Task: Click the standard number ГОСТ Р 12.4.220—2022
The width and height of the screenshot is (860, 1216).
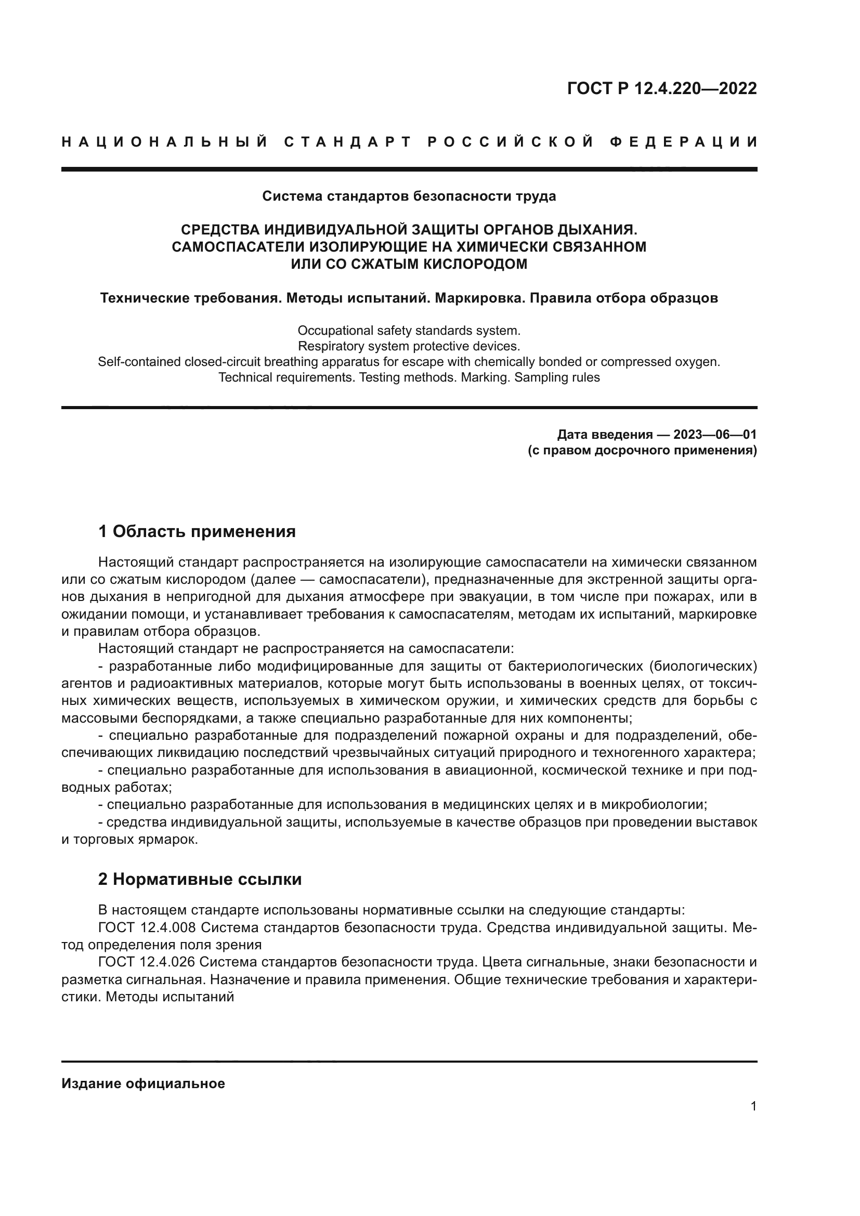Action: tap(661, 88)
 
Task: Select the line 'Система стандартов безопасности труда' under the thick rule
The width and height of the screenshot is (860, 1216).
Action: tap(409, 197)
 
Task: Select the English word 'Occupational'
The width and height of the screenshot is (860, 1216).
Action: tap(335, 331)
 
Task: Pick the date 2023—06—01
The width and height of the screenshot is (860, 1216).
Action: tap(715, 435)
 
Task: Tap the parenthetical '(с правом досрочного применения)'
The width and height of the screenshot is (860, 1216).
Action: tap(642, 451)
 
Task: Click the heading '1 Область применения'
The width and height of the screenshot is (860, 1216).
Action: tap(197, 531)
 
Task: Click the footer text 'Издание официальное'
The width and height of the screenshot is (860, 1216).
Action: tap(143, 1083)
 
